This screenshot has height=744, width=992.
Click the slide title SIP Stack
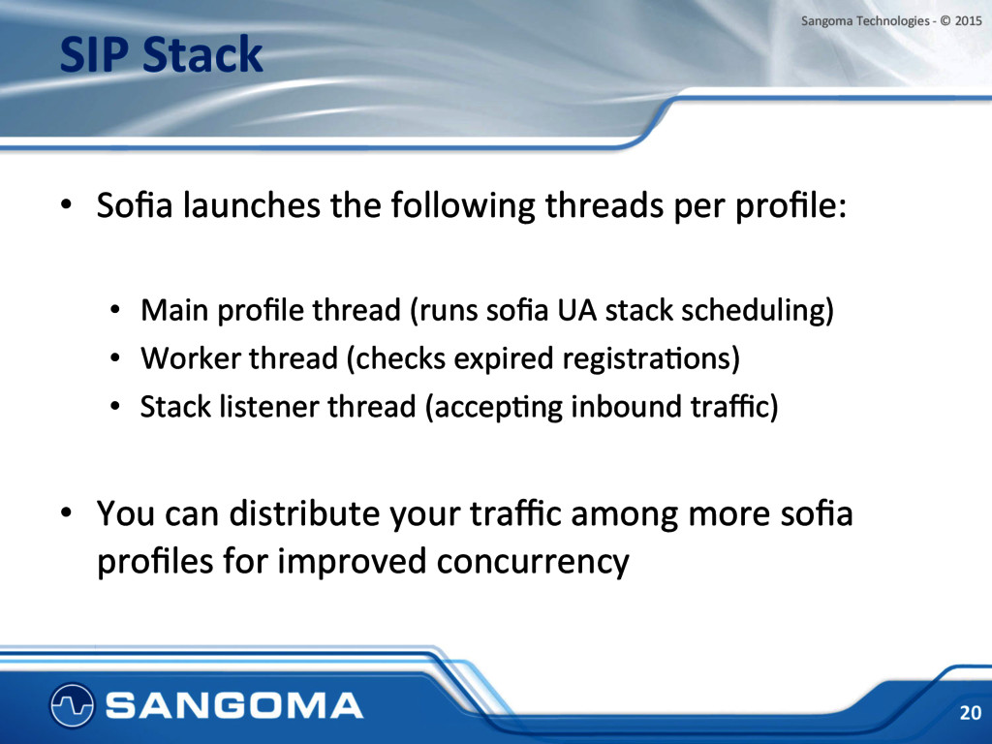point(162,55)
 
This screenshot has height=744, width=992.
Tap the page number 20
point(970,713)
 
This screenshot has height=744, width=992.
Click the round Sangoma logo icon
point(72,705)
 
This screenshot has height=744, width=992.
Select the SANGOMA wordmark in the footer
point(234,706)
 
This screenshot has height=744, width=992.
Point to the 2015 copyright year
point(968,21)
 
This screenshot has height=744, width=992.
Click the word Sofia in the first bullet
point(135,205)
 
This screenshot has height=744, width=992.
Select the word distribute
point(304,513)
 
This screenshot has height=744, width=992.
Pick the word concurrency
point(533,562)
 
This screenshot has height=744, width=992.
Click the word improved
point(351,562)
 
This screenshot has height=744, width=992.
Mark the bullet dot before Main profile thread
point(114,311)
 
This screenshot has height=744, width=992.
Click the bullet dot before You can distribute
point(66,513)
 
